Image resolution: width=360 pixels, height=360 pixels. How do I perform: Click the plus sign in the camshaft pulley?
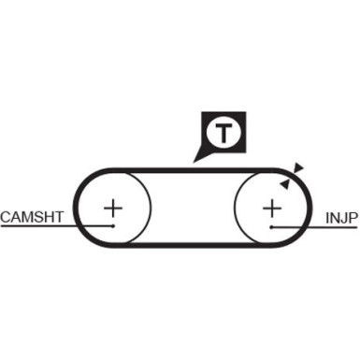(113, 207)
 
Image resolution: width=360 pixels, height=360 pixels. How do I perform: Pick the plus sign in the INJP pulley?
(271, 207)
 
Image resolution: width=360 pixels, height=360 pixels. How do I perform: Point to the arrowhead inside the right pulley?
(282, 184)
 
